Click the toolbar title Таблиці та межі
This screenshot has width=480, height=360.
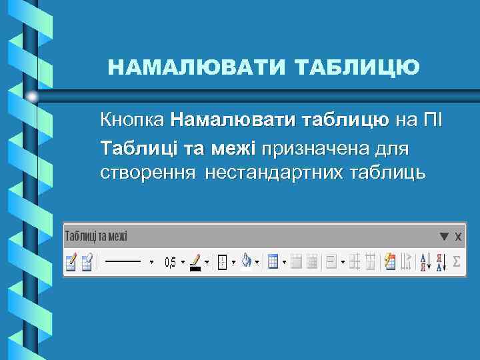coord(96,236)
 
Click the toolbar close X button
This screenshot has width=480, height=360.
coord(458,236)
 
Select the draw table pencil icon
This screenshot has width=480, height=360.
coord(71,262)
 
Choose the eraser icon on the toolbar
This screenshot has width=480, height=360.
coord(87,262)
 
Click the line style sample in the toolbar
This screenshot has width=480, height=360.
coord(123,262)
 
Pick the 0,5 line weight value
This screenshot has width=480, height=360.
coord(171,263)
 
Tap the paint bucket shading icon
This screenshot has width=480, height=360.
coord(246,262)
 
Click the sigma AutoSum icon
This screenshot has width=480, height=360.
coord(456,262)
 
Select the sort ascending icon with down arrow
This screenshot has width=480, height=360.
coord(423,262)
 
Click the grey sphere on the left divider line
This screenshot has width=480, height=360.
coord(33,97)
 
